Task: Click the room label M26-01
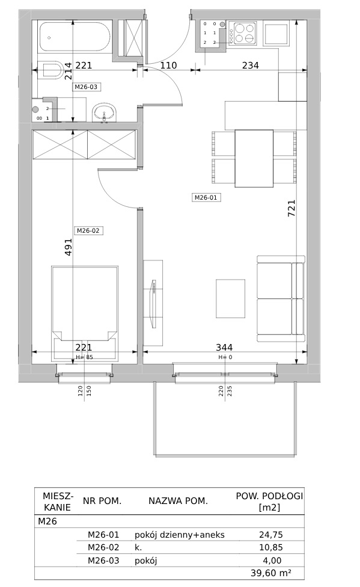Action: (x=206, y=197)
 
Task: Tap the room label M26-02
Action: (x=88, y=230)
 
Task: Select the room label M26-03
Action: (x=86, y=87)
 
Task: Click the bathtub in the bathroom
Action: (x=75, y=37)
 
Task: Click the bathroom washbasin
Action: (x=105, y=112)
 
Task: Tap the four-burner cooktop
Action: (x=242, y=32)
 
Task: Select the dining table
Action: (x=254, y=158)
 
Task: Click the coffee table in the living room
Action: (x=231, y=298)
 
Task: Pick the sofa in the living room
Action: (x=281, y=299)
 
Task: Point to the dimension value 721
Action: (x=291, y=208)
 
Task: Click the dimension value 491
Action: (x=68, y=247)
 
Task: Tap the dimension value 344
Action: (x=224, y=348)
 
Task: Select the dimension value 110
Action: (x=168, y=65)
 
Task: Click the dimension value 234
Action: (x=251, y=65)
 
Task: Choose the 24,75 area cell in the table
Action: (x=271, y=535)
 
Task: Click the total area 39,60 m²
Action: (x=271, y=573)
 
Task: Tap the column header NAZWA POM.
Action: (x=178, y=501)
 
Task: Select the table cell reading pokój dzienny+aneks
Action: (x=180, y=535)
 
